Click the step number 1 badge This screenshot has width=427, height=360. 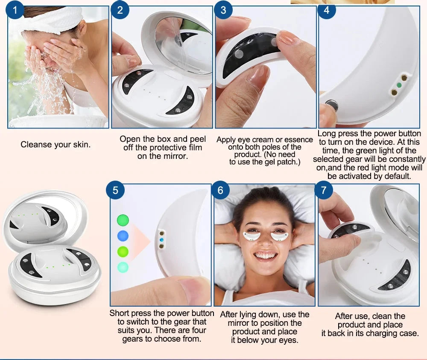coord(15,10)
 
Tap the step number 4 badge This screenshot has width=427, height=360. coord(327,10)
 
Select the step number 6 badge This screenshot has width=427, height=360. coord(220,190)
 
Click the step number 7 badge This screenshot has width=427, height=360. coord(324,190)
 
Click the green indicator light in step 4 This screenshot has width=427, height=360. coord(399,85)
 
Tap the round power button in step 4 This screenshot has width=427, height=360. coord(331,105)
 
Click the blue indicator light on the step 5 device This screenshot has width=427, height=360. coord(161,240)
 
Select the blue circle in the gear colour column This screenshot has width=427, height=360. coord(123,236)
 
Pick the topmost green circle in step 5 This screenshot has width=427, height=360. coord(123,220)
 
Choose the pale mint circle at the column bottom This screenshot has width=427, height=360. coord(123,267)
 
